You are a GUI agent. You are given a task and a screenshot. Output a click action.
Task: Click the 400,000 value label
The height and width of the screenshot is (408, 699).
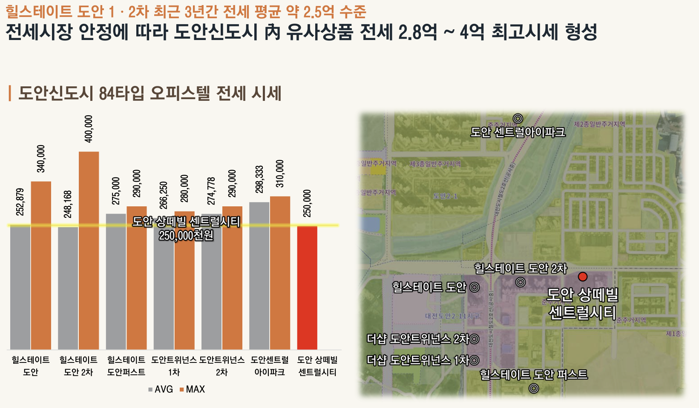click(x=89, y=129)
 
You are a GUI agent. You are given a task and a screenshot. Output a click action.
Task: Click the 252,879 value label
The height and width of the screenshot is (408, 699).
click(x=20, y=202)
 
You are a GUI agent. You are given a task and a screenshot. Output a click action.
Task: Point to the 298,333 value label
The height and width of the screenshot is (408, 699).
click(x=259, y=179)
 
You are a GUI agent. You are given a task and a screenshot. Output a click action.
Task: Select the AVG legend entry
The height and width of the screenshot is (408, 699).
click(x=161, y=389)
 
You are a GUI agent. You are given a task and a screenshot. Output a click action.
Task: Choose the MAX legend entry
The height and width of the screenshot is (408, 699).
click(x=192, y=389)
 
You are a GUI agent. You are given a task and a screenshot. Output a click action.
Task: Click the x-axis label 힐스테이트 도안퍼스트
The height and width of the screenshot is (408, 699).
click(x=126, y=366)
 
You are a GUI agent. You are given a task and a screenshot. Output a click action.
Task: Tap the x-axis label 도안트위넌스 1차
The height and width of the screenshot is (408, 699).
click(x=174, y=366)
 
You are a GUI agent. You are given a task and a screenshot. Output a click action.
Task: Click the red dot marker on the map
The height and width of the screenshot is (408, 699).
click(x=583, y=277)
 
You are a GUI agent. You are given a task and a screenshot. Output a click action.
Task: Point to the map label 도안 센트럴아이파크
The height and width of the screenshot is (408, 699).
click(x=518, y=132)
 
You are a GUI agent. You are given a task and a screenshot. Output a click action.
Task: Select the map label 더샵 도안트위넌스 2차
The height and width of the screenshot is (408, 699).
click(x=418, y=339)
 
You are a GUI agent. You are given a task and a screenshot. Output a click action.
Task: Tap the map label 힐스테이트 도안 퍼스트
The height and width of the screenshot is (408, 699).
click(x=534, y=374)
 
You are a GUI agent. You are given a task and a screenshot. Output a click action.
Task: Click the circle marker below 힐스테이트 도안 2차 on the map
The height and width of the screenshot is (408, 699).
click(x=521, y=282)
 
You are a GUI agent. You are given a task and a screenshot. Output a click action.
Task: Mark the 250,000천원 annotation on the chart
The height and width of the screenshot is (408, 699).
click(x=186, y=235)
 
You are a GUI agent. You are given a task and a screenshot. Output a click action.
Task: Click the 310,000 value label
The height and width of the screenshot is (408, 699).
click(x=280, y=174)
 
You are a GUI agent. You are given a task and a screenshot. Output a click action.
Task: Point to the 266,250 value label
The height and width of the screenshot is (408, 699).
click(x=164, y=195)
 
